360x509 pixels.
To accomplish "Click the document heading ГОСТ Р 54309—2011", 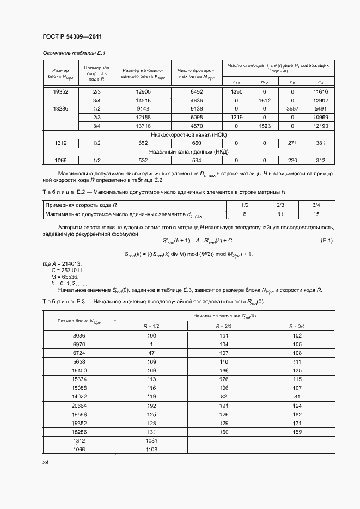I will tap(72, 36).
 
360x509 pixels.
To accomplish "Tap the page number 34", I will tap(46, 463).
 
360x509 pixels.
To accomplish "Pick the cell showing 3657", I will tap(292, 109).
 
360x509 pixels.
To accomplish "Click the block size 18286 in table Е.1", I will tap(60, 109).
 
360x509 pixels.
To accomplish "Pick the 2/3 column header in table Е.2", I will tap(281, 205).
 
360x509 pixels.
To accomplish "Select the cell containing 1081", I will tap(151, 440).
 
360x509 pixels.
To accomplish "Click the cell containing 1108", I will tap(151, 449).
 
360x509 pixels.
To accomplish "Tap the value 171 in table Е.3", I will tap(297, 423).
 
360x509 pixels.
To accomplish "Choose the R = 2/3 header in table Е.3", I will tap(224, 326).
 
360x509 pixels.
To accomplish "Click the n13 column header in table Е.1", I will tap(236, 82).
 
